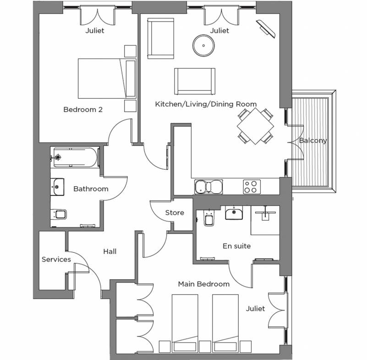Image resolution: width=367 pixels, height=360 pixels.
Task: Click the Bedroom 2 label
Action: (83, 110)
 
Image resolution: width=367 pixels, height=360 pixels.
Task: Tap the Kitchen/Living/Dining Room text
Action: (206, 104)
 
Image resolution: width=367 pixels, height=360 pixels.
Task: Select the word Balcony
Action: (312, 140)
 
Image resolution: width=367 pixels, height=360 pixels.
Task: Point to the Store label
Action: (175, 213)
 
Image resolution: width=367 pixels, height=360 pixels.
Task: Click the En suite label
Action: (236, 246)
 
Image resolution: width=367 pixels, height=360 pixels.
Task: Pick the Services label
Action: (56, 259)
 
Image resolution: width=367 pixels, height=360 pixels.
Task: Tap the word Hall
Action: (110, 252)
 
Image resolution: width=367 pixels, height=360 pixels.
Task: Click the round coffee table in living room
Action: (203, 46)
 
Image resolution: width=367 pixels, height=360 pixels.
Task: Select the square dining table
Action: (255, 126)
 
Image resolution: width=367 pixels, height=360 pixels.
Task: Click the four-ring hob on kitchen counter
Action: (252, 187)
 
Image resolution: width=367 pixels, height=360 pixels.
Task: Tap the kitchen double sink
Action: (208, 187)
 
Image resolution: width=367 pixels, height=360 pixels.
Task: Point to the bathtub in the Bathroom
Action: (75, 157)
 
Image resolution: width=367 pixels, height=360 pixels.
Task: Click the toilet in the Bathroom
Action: (59, 214)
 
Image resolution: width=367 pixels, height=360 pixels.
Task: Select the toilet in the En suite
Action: (208, 217)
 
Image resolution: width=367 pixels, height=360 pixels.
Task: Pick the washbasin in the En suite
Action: (234, 213)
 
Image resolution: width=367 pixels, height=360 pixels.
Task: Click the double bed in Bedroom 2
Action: (107, 78)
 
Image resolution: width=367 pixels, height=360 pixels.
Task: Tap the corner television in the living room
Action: (266, 28)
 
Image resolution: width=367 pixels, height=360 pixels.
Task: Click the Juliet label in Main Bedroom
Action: (255, 309)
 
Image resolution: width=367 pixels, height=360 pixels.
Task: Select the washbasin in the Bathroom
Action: (57, 187)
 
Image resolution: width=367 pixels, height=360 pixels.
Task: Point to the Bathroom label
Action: (91, 189)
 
